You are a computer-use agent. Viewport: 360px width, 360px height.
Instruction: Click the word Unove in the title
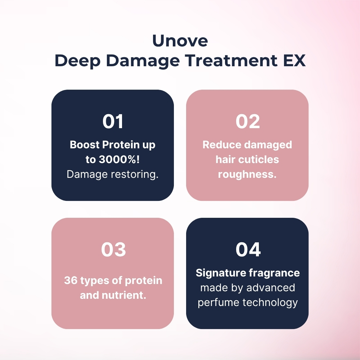click(x=180, y=41)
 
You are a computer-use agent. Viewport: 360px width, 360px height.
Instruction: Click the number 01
click(x=113, y=122)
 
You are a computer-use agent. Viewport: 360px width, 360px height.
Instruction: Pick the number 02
click(x=247, y=122)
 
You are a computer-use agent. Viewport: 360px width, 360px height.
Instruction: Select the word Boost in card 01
click(x=85, y=145)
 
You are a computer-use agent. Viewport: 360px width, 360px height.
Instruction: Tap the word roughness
click(x=247, y=174)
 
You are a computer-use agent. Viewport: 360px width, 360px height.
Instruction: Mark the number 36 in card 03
click(x=71, y=280)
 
